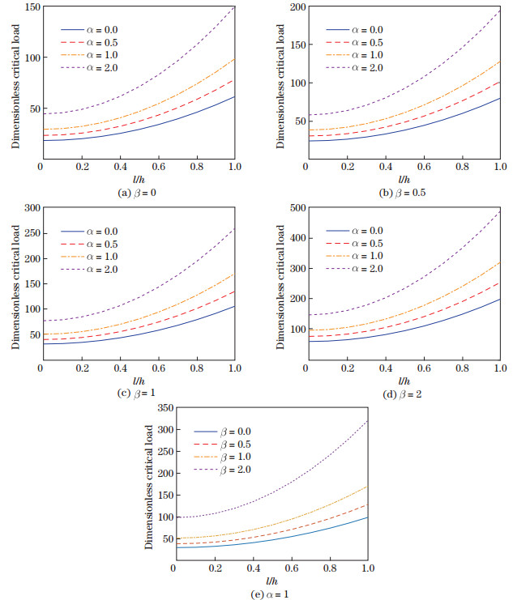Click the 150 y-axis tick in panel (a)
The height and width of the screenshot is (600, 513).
[x=29, y=7]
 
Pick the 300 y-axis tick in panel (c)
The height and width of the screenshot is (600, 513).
[x=29, y=208]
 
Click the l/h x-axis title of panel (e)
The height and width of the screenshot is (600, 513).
[x=271, y=581]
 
